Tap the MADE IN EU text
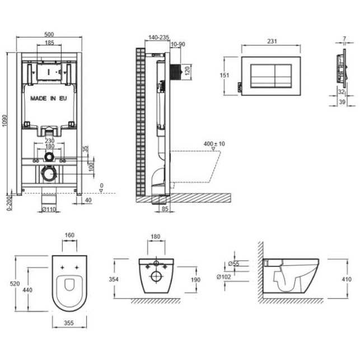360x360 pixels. (49, 99)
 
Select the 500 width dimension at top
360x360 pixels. (49, 35)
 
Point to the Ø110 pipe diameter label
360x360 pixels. (49, 209)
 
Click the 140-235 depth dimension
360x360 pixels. (158, 37)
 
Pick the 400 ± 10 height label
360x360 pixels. (214, 144)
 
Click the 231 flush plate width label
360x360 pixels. (272, 41)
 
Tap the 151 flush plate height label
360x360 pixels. (225, 75)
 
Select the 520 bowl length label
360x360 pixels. (15, 284)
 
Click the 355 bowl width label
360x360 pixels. (69, 323)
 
